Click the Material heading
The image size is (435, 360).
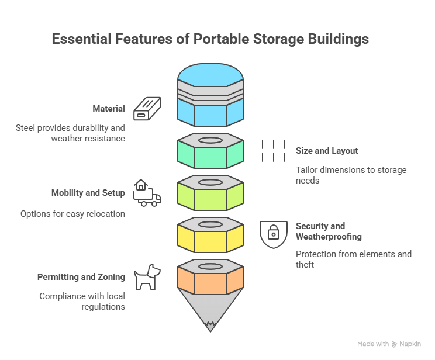click(109, 109)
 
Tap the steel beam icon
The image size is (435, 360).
click(147, 109)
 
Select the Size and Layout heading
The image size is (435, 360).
click(327, 151)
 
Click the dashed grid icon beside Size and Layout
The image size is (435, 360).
click(273, 151)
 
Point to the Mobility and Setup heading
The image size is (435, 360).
click(88, 192)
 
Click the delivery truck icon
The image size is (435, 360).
click(147, 193)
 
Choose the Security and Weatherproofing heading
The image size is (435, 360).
click(329, 231)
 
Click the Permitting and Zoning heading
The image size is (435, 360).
click(81, 276)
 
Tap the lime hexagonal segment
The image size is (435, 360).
click(210, 197)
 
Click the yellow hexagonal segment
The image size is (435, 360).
click(210, 238)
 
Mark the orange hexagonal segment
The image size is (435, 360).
click(210, 281)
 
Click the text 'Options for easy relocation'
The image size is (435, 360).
click(72, 214)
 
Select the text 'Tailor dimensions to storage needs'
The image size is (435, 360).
click(351, 175)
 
